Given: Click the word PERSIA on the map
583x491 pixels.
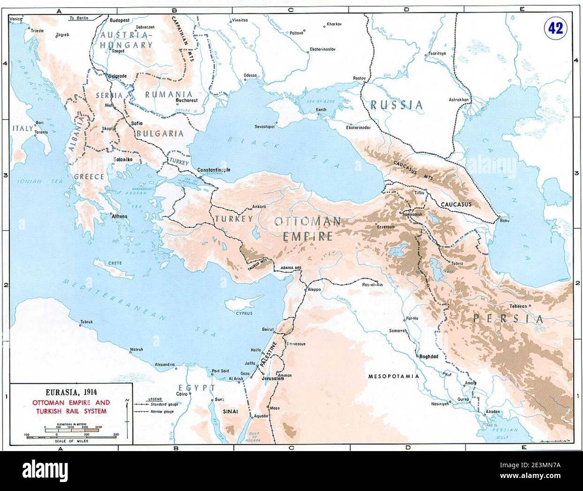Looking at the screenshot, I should pos(508,319).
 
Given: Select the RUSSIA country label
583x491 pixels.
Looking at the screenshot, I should pos(396,105).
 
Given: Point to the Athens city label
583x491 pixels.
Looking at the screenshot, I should pos(119,216).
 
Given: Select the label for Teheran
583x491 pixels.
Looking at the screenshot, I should pos(516,307).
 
